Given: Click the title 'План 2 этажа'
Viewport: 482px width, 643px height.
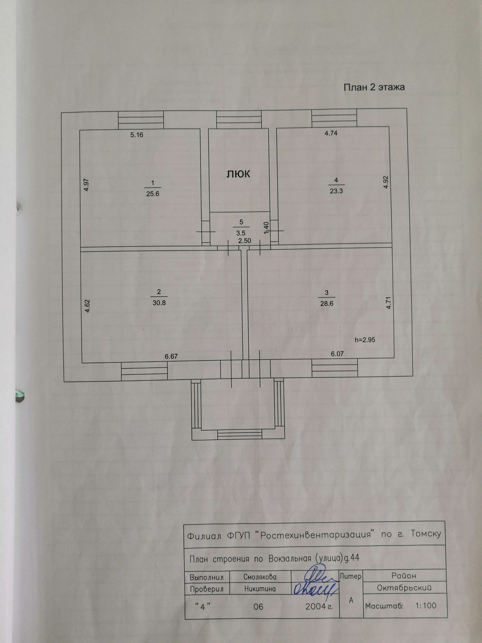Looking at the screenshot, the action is point(374,88).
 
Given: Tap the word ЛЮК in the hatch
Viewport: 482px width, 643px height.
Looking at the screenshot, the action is point(238,174).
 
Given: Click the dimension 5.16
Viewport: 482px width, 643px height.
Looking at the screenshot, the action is point(137,135).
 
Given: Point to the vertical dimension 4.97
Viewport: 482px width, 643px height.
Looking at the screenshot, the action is point(86,184).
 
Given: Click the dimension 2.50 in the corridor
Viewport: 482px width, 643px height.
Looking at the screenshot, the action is point(244,241).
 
